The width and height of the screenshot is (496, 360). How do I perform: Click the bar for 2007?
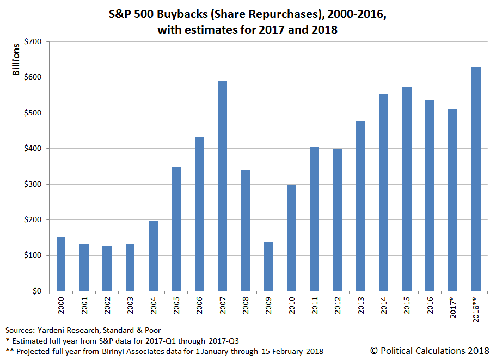(222, 186)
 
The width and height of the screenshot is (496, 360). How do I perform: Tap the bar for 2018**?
(476, 179)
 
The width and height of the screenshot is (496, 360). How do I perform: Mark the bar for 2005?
(176, 229)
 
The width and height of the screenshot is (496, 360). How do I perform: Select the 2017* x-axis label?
(453, 308)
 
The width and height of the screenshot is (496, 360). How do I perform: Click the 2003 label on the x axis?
(130, 307)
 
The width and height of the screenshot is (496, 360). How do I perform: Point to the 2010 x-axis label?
(291, 307)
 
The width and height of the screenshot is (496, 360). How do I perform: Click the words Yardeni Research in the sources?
(61, 331)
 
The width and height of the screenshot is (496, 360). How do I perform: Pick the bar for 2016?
(430, 196)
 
